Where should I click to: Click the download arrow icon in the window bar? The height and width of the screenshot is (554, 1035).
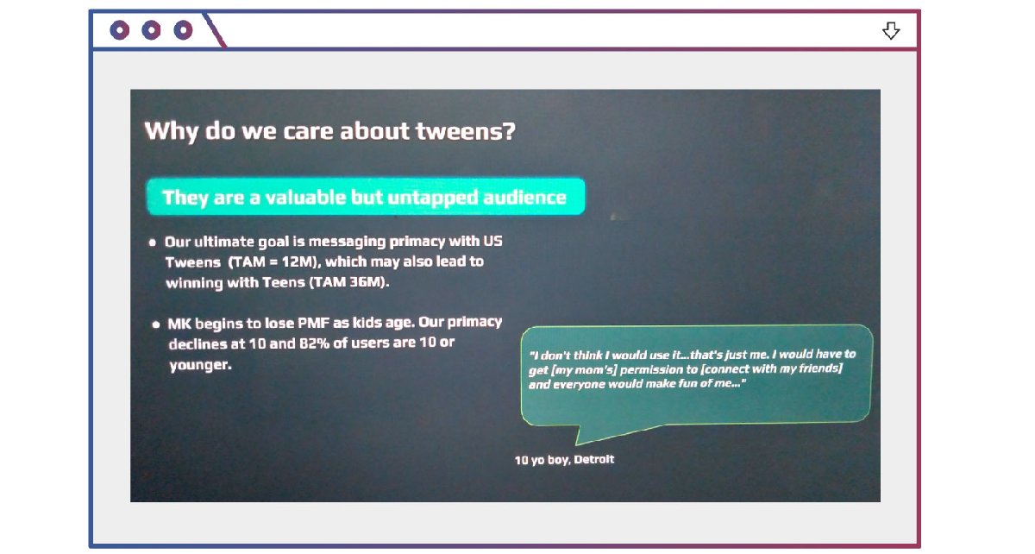[890, 30]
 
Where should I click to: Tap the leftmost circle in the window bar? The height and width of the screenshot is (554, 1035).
[120, 30]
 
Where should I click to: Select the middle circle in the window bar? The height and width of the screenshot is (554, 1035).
[151, 30]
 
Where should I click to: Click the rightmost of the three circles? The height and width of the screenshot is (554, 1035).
[183, 30]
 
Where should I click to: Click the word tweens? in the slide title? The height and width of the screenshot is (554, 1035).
[465, 131]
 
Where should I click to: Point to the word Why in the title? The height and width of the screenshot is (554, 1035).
[172, 132]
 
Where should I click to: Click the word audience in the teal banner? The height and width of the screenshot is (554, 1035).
[524, 198]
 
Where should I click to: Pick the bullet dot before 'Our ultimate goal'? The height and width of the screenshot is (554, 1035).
[152, 242]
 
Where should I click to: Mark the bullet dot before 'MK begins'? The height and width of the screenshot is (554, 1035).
[156, 324]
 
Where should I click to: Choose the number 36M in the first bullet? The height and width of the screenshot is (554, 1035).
[365, 281]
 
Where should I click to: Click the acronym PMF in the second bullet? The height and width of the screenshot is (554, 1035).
[314, 323]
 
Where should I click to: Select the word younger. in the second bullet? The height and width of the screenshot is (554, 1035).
[200, 365]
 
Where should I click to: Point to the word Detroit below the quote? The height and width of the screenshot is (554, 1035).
[593, 459]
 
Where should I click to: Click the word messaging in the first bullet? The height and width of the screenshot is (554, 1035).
[347, 242]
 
